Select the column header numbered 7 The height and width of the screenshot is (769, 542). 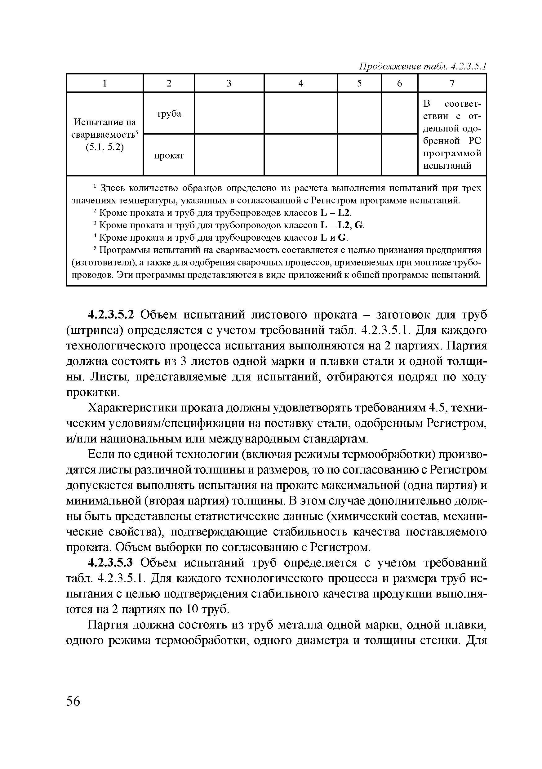[452, 83]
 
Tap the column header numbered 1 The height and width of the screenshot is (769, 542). [104, 83]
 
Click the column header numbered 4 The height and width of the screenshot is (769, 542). [300, 83]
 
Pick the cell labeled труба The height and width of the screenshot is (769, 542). [169, 113]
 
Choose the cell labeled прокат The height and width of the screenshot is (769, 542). [169, 156]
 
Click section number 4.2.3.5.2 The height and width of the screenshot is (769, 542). [111, 315]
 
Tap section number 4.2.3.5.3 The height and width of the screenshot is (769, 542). [111, 563]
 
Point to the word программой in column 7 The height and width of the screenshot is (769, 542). [452, 153]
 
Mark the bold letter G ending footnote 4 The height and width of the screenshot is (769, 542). [342, 238]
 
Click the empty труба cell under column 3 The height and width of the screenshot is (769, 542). [229, 113]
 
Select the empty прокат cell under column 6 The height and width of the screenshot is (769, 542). [399, 155]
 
